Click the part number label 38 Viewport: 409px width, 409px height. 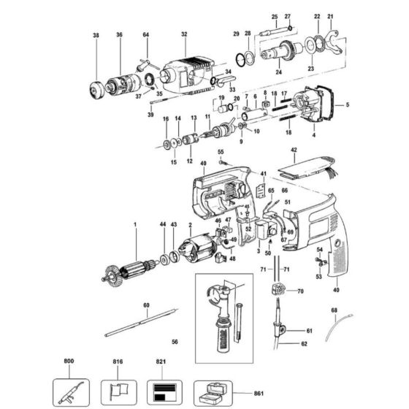click(95, 35)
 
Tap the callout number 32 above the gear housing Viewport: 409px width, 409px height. click(184, 34)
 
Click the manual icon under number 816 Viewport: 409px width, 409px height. click(114, 386)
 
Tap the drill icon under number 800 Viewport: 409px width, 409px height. click(69, 386)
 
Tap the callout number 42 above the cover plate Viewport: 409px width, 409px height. click(294, 150)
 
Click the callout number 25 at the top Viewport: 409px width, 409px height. click(275, 16)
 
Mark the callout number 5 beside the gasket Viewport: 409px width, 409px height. click(348, 105)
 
